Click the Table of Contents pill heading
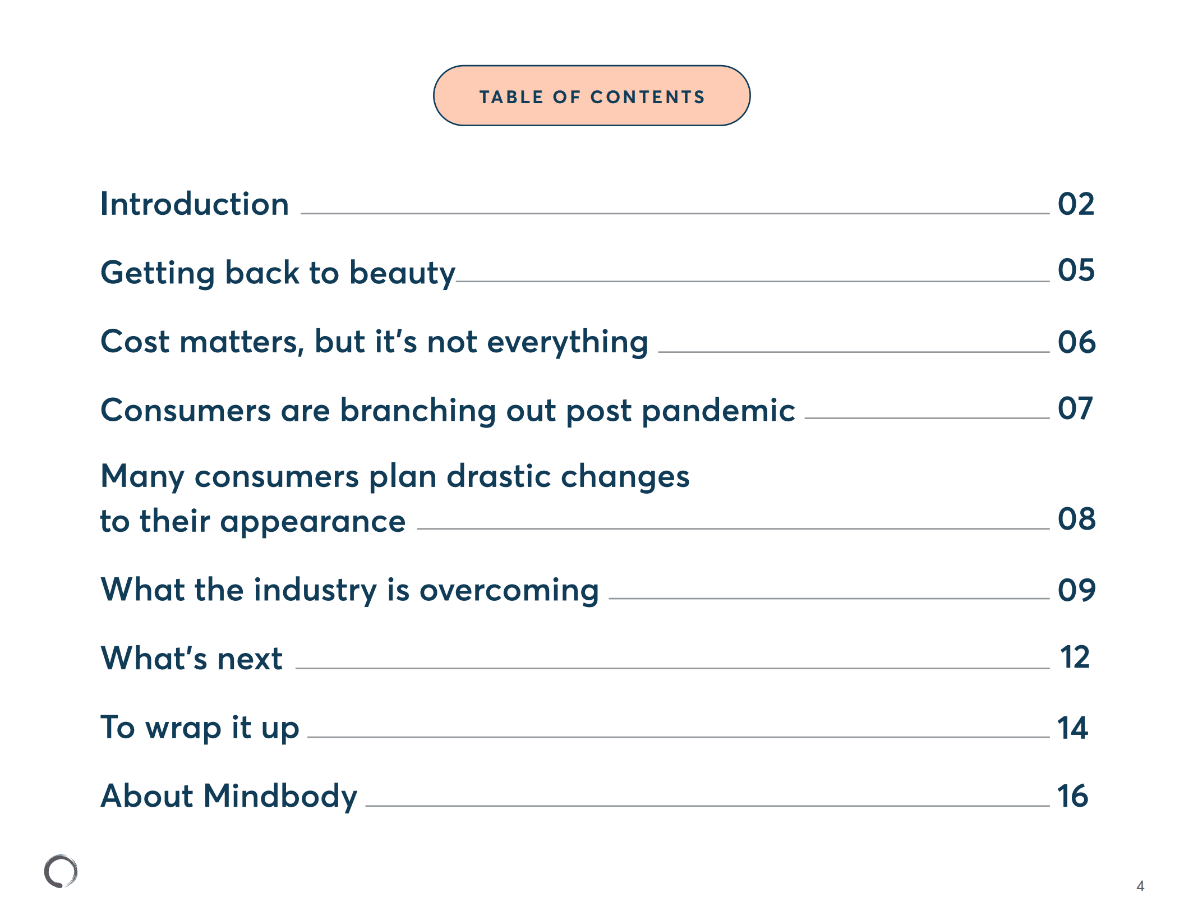[592, 96]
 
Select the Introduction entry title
[194, 204]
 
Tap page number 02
[1075, 204]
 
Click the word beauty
[402, 273]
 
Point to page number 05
[1076, 270]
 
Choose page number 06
[1076, 342]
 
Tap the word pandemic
[718, 411]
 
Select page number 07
[1075, 408]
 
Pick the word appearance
[312, 522]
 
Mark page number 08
[1076, 519]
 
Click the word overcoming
[509, 590]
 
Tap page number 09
[1076, 590]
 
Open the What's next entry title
[191, 658]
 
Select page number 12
[1074, 657]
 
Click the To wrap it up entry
[200, 728]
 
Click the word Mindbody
[280, 796]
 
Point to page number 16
[1072, 796]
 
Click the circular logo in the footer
[61, 871]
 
